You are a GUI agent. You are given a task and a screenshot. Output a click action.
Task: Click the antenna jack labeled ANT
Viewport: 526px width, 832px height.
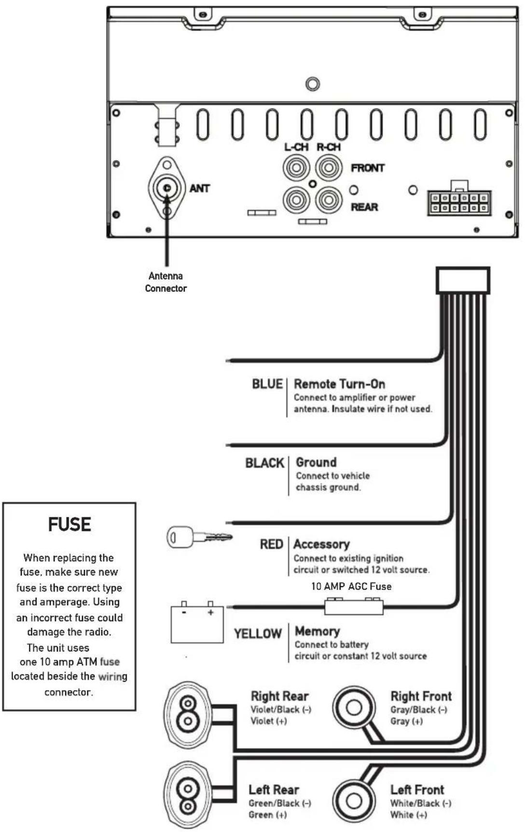pos(167,188)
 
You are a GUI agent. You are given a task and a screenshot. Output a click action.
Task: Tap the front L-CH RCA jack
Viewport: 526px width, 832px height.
pos(296,168)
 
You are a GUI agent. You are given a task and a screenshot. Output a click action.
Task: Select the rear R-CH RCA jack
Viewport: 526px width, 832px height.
pos(329,199)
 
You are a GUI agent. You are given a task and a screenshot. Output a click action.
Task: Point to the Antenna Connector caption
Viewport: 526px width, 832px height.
pos(166,282)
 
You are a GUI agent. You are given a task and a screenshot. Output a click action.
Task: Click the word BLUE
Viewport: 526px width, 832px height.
pos(267,384)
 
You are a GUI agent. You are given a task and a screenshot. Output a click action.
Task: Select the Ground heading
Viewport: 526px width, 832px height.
pos(316,462)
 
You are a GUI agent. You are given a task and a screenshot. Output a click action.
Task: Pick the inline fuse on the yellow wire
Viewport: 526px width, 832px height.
pos(354,606)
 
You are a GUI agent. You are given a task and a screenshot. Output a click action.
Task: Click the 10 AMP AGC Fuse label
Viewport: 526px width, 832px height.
pos(351,586)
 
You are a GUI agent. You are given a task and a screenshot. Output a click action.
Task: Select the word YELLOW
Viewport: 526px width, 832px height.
pos(258,633)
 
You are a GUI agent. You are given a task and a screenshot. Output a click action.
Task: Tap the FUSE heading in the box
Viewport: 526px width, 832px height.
pos(69,525)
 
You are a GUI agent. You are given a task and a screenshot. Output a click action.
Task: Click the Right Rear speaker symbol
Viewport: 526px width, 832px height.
pos(188,714)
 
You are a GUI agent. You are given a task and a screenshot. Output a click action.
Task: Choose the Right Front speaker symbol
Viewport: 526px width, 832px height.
pos(354,707)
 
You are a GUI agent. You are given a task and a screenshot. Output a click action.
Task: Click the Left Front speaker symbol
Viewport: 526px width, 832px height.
pos(354,801)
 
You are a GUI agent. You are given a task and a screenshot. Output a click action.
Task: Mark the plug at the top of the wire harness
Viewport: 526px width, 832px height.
pos(463,280)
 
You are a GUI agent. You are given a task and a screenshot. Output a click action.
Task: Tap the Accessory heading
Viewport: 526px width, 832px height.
pos(321,544)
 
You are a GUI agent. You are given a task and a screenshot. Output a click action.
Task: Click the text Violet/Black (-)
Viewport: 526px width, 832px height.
pos(281,709)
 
